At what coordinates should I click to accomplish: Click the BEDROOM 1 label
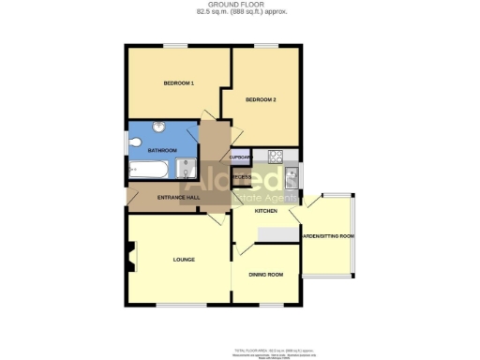(178, 84)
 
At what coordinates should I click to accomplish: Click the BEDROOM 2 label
(260, 99)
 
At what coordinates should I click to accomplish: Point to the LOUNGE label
(183, 259)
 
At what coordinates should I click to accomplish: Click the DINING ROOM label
(265, 275)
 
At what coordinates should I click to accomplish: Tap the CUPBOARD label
(242, 157)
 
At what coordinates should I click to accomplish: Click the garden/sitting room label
(327, 235)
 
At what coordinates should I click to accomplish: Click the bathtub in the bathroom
(147, 171)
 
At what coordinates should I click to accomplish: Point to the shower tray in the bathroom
(186, 169)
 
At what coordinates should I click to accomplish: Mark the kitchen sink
(292, 175)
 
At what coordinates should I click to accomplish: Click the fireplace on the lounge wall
(130, 253)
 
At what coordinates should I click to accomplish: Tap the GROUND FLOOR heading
(242, 6)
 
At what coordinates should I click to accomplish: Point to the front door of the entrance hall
(216, 217)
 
